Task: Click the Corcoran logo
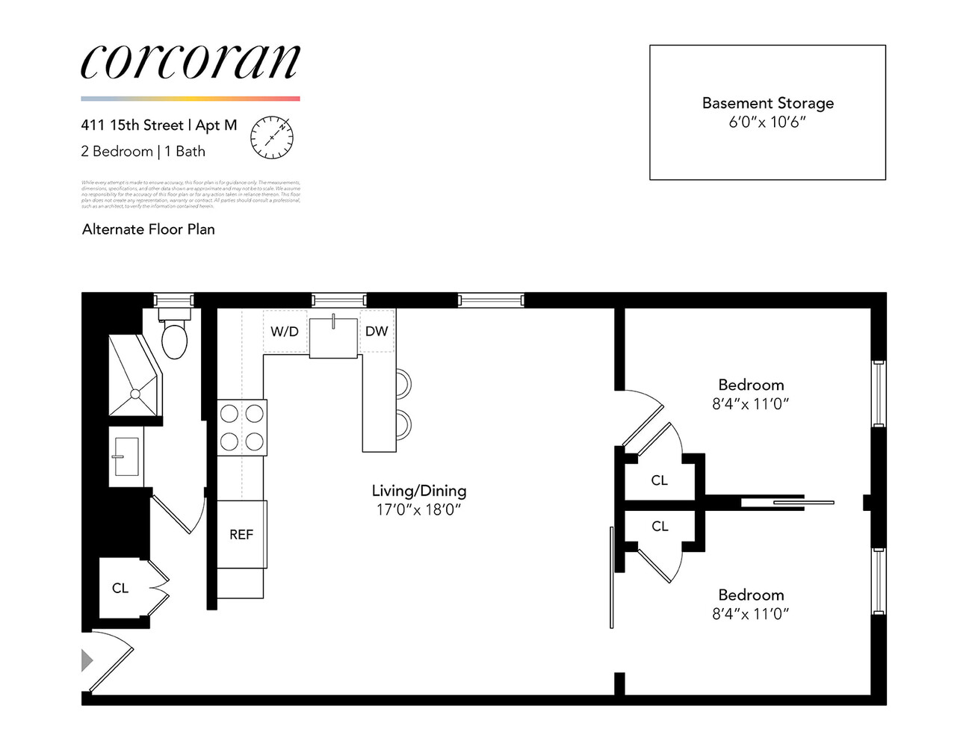(190, 61)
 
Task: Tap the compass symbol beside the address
(271, 137)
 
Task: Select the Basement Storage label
(767, 103)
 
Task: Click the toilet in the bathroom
(174, 339)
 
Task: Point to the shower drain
(135, 393)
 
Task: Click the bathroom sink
(126, 456)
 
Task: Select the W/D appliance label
(284, 332)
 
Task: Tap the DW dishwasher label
(377, 331)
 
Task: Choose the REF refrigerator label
(241, 535)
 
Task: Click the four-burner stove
(241, 427)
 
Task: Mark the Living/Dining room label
(418, 491)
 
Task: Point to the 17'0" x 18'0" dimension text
(418, 510)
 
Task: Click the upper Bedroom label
(751, 385)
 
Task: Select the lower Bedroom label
(751, 595)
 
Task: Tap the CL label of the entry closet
(120, 589)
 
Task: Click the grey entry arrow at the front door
(87, 660)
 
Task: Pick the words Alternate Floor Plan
(148, 229)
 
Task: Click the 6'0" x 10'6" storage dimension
(767, 123)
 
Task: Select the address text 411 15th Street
(132, 125)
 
